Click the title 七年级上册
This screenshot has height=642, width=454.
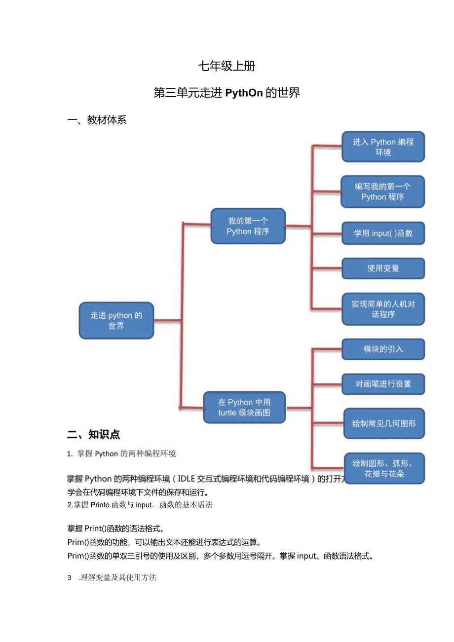click(227, 66)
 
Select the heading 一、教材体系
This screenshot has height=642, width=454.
click(97, 120)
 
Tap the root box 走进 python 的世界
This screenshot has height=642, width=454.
click(116, 321)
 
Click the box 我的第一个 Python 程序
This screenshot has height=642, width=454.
click(248, 226)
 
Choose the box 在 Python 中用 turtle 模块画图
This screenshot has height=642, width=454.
click(244, 408)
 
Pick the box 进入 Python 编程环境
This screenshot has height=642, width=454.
click(383, 147)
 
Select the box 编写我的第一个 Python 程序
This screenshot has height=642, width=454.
click(382, 191)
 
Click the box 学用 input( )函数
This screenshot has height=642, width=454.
click(383, 233)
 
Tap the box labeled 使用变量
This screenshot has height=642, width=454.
click(383, 268)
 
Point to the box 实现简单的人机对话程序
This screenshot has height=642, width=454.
click(383, 309)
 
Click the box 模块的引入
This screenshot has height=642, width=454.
click(383, 349)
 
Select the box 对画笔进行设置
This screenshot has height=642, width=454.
click(383, 384)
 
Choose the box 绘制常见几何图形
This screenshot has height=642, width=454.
click(384, 423)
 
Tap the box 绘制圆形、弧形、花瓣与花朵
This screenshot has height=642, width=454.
click(384, 468)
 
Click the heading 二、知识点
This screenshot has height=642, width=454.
click(94, 435)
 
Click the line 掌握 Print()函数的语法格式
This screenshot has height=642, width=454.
click(116, 529)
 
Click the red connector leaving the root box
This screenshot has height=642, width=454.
click(168, 321)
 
